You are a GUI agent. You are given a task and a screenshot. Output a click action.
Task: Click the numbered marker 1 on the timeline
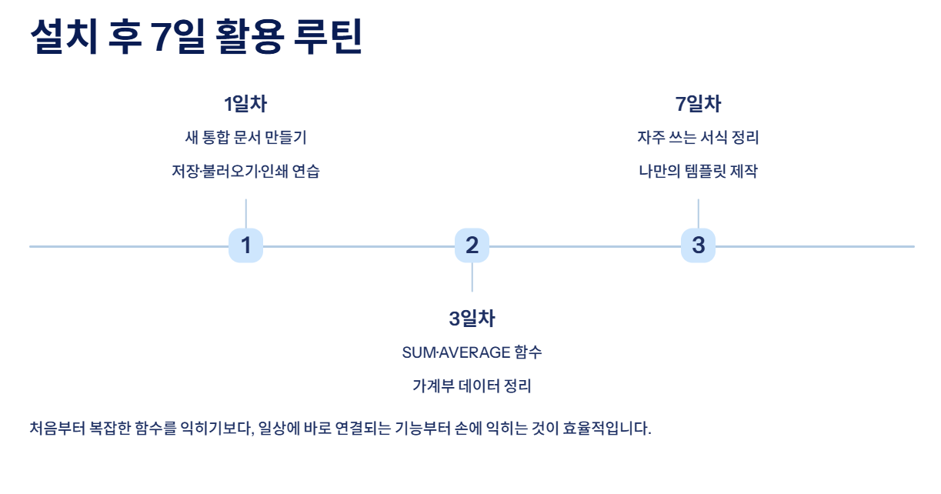[245, 245]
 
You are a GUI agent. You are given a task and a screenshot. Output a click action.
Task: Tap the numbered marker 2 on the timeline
[472, 245]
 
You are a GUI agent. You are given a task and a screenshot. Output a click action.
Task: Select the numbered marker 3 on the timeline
[698, 245]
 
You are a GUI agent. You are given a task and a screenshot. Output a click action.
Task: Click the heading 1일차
[245, 104]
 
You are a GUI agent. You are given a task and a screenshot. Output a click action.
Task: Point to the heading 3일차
[472, 319]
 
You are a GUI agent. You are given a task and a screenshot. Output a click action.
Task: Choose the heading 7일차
[698, 104]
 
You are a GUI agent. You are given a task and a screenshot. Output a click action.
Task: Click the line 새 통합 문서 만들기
[245, 138]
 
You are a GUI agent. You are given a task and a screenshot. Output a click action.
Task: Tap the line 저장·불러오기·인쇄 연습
[245, 172]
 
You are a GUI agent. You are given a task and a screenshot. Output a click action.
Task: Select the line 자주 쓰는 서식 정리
[698, 138]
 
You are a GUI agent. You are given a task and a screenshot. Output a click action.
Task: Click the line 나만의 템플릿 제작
[698, 172]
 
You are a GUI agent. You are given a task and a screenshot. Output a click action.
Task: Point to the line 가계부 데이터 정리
[472, 386]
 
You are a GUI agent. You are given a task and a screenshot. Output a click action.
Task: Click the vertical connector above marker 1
[245, 213]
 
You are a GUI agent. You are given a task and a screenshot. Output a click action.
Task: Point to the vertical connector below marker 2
[472, 277]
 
